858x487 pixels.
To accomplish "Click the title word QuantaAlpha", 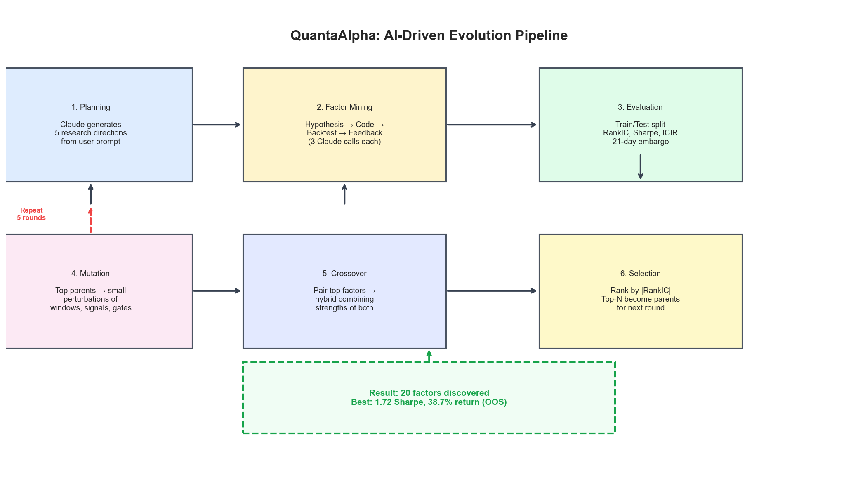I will (335, 35).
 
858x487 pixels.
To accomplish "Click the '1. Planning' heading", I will (91, 107).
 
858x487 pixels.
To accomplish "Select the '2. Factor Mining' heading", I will (344, 107).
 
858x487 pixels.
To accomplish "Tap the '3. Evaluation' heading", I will (640, 107).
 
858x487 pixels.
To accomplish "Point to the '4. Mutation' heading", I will (91, 274).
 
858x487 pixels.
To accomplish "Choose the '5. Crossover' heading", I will (344, 274).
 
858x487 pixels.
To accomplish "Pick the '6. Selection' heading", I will (640, 274).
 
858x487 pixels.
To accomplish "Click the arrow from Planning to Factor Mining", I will (217, 125).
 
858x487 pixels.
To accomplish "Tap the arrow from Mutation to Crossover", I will (217, 291).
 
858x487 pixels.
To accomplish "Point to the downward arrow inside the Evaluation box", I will (640, 166).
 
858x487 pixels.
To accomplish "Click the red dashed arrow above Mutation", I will (91, 221).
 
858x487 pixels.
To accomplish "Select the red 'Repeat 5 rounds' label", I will (31, 214).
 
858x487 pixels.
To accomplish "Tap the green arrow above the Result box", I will (429, 356).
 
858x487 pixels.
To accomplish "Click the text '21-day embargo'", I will (640, 142).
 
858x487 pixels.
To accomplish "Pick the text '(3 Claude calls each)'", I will (344, 142).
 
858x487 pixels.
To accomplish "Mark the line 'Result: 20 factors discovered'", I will (429, 393).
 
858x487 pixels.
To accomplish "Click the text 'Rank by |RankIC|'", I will (640, 291).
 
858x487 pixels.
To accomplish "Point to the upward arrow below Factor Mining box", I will (344, 194).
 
